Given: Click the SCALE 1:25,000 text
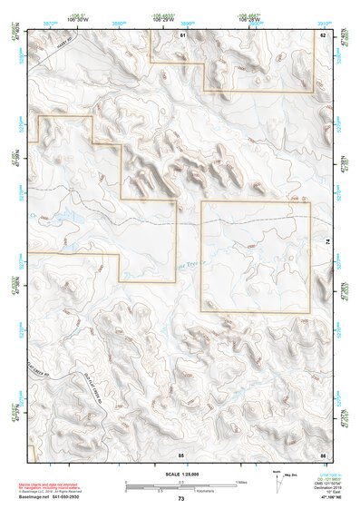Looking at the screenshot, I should coord(180,474).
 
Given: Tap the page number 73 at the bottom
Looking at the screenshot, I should coord(180,499).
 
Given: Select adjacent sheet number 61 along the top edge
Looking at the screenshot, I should coord(181,35).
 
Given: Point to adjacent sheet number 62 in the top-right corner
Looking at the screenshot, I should coord(323,35).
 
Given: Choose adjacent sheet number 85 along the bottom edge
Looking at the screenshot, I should coord(181,453).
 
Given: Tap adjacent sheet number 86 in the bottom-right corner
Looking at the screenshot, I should coord(323,453).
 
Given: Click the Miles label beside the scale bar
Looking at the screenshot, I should coord(242,482).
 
